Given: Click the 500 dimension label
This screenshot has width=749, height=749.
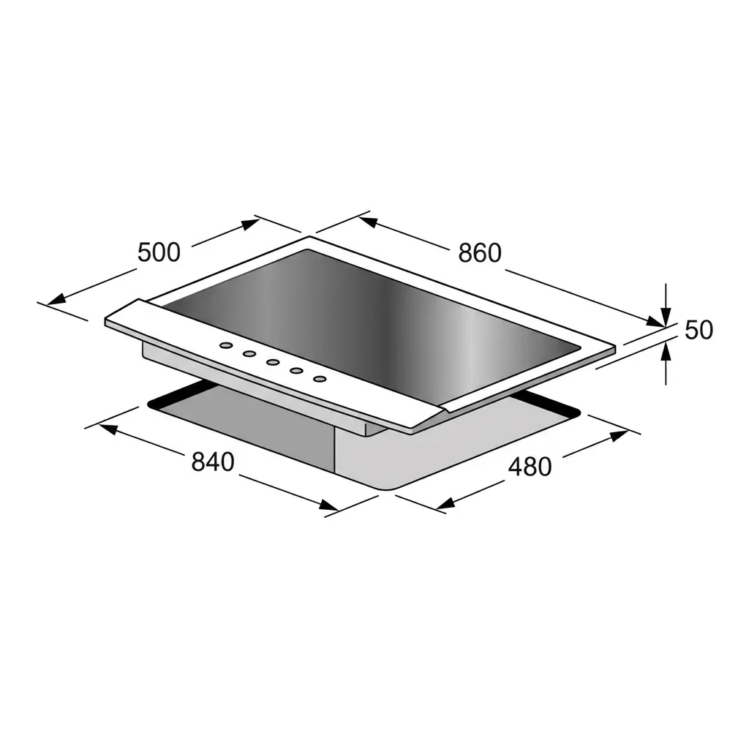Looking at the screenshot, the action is coord(159,252).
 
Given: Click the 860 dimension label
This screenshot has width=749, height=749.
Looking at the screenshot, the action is coord(480,252).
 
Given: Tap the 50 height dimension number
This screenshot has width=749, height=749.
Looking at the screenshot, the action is coord(699,330).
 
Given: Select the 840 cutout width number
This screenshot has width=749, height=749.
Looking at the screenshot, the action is coord(213,462).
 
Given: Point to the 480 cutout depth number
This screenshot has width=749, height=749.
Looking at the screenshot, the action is coord(530,466).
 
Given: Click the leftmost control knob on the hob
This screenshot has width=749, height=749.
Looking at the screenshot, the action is coord(226,345).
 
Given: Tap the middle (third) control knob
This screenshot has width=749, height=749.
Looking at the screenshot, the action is coord(273,362).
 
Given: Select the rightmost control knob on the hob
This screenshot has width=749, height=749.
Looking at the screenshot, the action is coord(320,379).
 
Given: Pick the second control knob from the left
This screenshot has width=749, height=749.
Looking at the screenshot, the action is coord(249,354).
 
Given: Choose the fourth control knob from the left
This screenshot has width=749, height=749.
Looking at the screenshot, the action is coord(297,370).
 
